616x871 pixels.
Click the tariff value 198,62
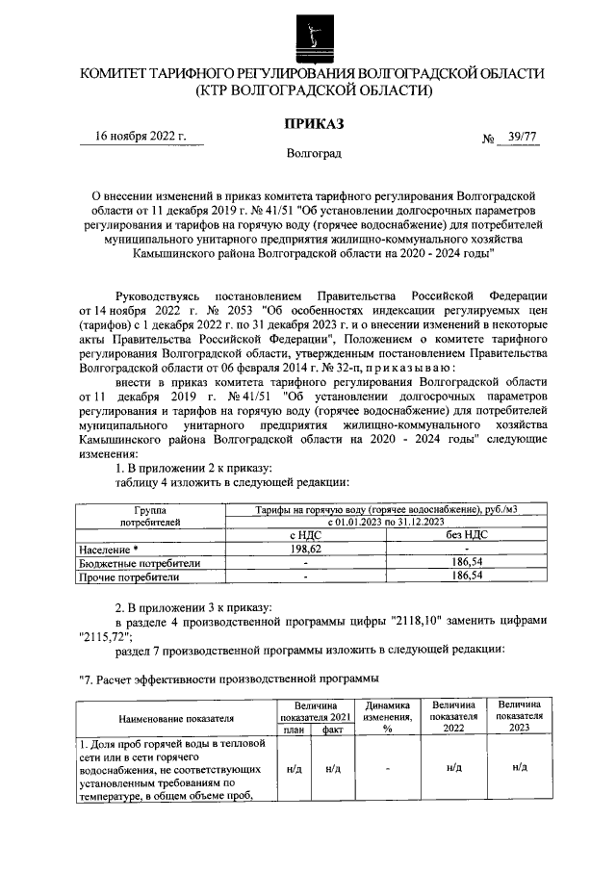click(x=304, y=548)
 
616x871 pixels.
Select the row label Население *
click(x=110, y=548)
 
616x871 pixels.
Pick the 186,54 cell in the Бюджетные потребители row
click(x=467, y=562)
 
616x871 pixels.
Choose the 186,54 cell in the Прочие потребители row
click(x=467, y=576)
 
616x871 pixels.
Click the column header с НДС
click(x=304, y=534)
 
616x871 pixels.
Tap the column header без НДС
click(x=467, y=534)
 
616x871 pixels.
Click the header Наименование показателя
click(x=176, y=717)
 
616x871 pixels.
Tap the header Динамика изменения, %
click(x=389, y=716)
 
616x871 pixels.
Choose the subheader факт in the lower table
click(x=333, y=730)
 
